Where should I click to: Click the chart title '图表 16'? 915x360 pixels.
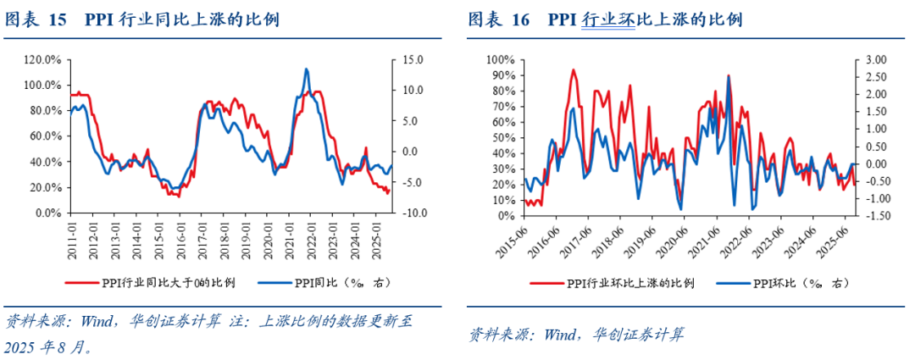[x=499, y=19]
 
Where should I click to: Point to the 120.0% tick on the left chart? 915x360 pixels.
[x=43, y=60]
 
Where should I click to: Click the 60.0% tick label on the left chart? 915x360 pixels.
[x=46, y=136]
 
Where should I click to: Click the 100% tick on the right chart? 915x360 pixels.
[x=500, y=60]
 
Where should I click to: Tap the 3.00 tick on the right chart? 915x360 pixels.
[x=876, y=60]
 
